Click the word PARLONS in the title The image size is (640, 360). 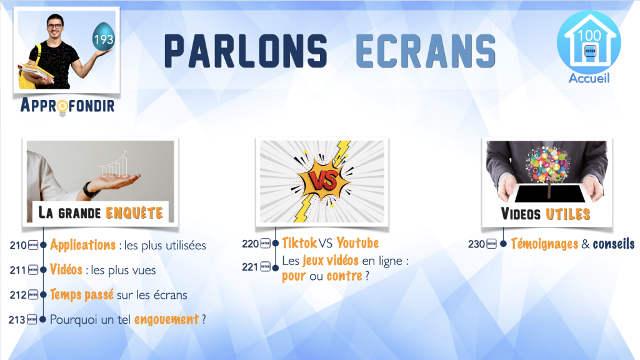click(246, 51)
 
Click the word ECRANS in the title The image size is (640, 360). click(426, 51)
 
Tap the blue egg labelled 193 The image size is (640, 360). click(103, 37)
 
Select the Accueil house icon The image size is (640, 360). click(589, 42)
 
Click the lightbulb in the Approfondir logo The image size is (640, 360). click(62, 107)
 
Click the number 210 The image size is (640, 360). click(18, 245)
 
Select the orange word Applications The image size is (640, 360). click(83, 245)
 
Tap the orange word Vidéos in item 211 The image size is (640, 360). click(66, 269)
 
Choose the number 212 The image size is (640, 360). click(18, 295)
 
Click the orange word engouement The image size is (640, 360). click(166, 319)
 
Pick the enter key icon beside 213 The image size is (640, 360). click(32, 319)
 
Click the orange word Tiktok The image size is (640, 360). click(299, 243)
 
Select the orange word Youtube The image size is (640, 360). click(357, 243)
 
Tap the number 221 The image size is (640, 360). click(250, 267)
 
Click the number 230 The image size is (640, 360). click(476, 244)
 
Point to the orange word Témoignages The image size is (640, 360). click(544, 244)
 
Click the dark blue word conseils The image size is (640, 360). click(614, 244)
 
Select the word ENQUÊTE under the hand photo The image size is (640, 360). click(134, 212)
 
